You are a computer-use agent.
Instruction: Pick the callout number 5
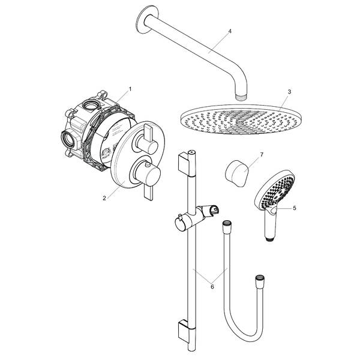pyautogui.click(x=295, y=208)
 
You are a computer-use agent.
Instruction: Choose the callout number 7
pyautogui.click(x=262, y=155)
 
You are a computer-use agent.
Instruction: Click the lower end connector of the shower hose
pyautogui.click(x=260, y=281)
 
